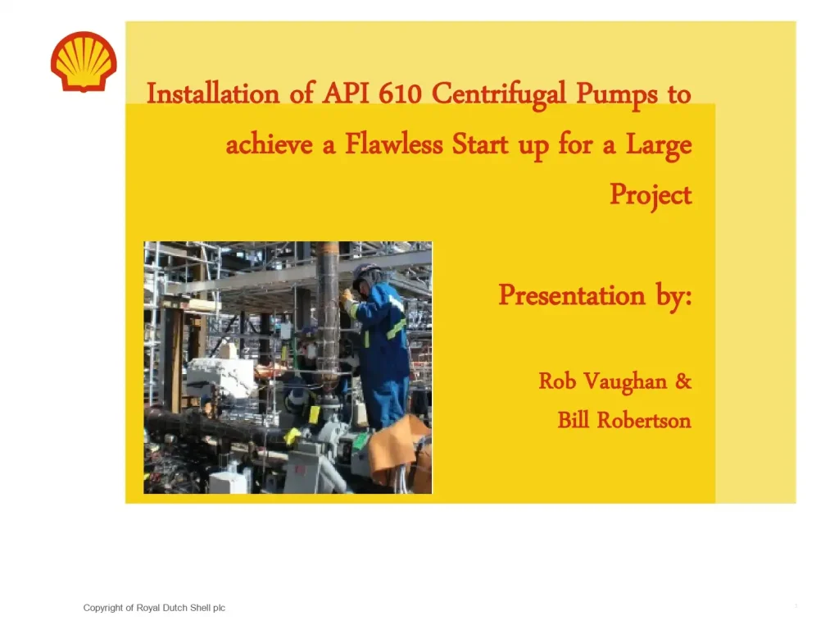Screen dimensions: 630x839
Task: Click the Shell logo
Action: pyautogui.click(x=84, y=62)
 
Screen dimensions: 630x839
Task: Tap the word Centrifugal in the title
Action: pyautogui.click(x=500, y=94)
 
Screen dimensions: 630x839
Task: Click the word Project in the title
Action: pyautogui.click(x=651, y=195)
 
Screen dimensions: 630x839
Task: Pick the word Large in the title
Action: pyautogui.click(x=659, y=145)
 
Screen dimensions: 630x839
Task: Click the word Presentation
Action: pyautogui.click(x=572, y=294)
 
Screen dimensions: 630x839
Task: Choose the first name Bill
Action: pyautogui.click(x=574, y=421)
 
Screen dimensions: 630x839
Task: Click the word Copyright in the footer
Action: pyautogui.click(x=103, y=608)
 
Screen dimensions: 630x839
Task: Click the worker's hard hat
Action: pyautogui.click(x=365, y=272)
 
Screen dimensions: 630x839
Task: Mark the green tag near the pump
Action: pyautogui.click(x=361, y=441)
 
